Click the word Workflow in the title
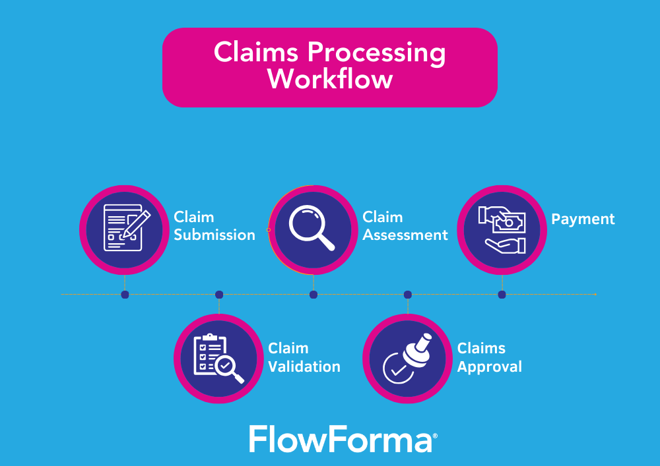click(329, 80)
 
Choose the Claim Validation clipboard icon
click(218, 359)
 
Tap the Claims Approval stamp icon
click(407, 359)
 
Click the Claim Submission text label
click(214, 226)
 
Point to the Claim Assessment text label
click(405, 226)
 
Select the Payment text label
click(583, 219)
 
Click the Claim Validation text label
click(304, 357)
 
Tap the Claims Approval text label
click(489, 357)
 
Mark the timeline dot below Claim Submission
click(125, 295)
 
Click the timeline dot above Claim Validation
click(219, 295)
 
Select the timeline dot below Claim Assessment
click(313, 295)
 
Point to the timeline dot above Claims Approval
click(408, 295)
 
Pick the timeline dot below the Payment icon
click(502, 295)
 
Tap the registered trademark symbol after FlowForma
click(434, 436)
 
